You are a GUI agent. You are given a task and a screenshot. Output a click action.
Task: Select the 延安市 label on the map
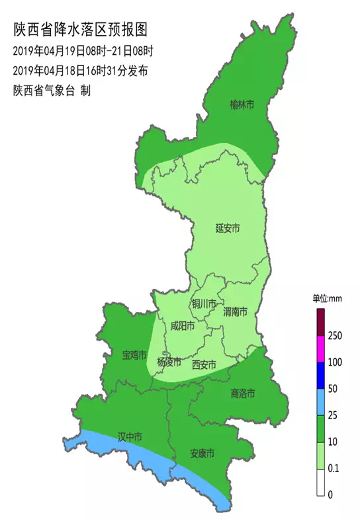(x=228, y=228)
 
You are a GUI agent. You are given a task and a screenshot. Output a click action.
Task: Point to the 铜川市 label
(x=204, y=303)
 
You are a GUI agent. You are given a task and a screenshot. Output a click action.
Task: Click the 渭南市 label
(x=235, y=311)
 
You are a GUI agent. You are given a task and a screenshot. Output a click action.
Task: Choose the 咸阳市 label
(x=182, y=325)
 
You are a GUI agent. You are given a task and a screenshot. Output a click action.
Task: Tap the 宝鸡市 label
(x=134, y=355)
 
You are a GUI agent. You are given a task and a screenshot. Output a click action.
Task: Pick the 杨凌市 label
(x=169, y=362)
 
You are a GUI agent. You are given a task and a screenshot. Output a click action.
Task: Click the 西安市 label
(x=204, y=364)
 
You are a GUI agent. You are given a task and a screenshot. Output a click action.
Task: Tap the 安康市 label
(x=202, y=454)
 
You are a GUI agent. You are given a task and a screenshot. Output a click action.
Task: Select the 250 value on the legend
(x=335, y=336)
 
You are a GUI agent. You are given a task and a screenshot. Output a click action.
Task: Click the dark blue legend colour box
(x=319, y=375)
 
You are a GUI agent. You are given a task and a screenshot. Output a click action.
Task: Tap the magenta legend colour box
(x=319, y=348)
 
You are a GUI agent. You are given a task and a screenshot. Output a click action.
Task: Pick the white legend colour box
(x=319, y=481)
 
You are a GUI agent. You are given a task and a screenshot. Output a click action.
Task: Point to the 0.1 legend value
(x=335, y=468)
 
